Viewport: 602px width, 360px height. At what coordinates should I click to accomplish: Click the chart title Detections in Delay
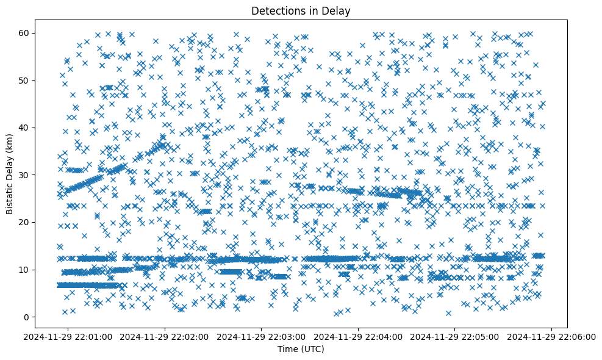[x=301, y=11]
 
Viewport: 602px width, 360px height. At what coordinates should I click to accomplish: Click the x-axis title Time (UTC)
[x=301, y=349]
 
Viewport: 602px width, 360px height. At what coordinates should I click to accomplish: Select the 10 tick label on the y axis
[x=27, y=269]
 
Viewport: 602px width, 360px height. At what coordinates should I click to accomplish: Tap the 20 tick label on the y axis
[x=27, y=222]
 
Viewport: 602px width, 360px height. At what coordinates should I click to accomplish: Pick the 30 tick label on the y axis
[x=27, y=175]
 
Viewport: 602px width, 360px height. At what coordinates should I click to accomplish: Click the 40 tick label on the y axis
[x=27, y=128]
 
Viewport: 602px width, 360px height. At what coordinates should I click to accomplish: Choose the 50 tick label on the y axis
[x=27, y=80]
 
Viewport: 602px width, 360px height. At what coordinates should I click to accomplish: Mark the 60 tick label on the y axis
[x=27, y=33]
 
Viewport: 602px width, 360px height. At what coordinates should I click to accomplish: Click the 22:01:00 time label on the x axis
[x=68, y=336]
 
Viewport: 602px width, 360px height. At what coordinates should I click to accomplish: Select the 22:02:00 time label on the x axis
[x=165, y=336]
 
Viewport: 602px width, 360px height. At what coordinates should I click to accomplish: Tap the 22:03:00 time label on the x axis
[x=262, y=336]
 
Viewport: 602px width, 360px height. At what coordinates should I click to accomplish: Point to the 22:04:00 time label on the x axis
[x=359, y=336]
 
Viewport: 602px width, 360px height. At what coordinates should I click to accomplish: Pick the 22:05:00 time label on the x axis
[x=455, y=336]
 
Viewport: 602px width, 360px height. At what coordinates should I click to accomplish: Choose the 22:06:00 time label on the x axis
[x=552, y=336]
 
